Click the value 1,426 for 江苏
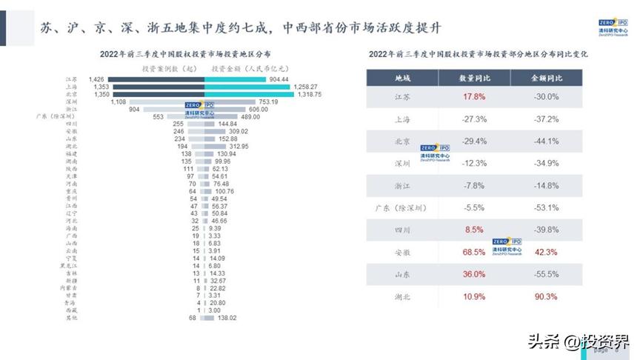click(96, 79)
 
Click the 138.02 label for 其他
click(224, 318)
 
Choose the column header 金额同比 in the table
click(547, 77)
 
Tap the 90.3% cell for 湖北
click(547, 296)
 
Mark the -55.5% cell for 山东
click(547, 274)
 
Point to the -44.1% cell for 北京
click(547, 141)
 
